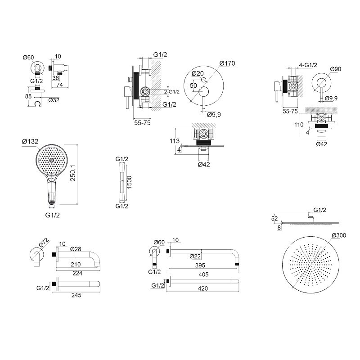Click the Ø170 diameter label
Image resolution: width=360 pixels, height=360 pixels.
point(227,63)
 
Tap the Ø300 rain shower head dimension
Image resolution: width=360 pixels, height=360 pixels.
point(339,235)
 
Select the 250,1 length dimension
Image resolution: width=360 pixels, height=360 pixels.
point(73,173)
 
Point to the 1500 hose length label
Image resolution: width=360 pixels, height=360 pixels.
point(129,182)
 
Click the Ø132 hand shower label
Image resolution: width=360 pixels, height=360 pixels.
point(30,141)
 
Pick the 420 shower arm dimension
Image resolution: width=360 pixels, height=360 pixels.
point(203,288)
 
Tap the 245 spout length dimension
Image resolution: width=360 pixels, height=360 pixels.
point(76,295)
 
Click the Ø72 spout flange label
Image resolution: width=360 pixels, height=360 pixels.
point(44,243)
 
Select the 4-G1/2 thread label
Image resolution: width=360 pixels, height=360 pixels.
point(308,65)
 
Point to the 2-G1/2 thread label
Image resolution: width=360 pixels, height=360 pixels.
point(172,92)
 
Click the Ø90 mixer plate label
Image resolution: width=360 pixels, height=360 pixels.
point(336,69)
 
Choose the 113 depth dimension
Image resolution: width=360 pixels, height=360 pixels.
point(175,141)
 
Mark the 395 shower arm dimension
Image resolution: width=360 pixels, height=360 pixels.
point(200,265)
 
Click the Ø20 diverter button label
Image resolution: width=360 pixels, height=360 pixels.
point(198,73)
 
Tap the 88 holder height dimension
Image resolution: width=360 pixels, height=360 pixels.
point(28,96)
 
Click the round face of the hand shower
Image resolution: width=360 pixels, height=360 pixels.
point(52,160)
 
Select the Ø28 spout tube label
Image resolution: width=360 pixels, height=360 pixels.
point(76,249)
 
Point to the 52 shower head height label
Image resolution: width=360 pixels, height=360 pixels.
point(274,219)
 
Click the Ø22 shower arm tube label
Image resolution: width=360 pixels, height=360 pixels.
point(195,256)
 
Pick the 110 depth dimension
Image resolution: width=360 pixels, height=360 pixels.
point(299,125)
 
